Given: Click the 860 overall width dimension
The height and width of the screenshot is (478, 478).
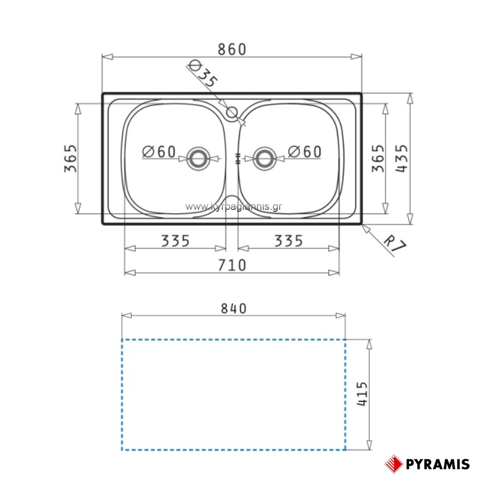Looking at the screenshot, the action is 232,49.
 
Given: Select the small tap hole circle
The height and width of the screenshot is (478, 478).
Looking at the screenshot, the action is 232,112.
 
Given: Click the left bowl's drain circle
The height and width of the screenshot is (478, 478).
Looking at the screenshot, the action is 199,159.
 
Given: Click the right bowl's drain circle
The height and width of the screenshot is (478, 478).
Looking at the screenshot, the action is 264,159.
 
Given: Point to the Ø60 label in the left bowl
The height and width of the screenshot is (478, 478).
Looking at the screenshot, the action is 159,152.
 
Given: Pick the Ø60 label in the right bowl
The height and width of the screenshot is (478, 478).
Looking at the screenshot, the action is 304,152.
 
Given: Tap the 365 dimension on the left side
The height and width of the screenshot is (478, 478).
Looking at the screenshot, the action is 71,158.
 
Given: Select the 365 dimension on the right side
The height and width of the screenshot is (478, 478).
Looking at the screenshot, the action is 378,158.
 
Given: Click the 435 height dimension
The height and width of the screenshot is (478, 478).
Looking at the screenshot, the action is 402,158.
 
